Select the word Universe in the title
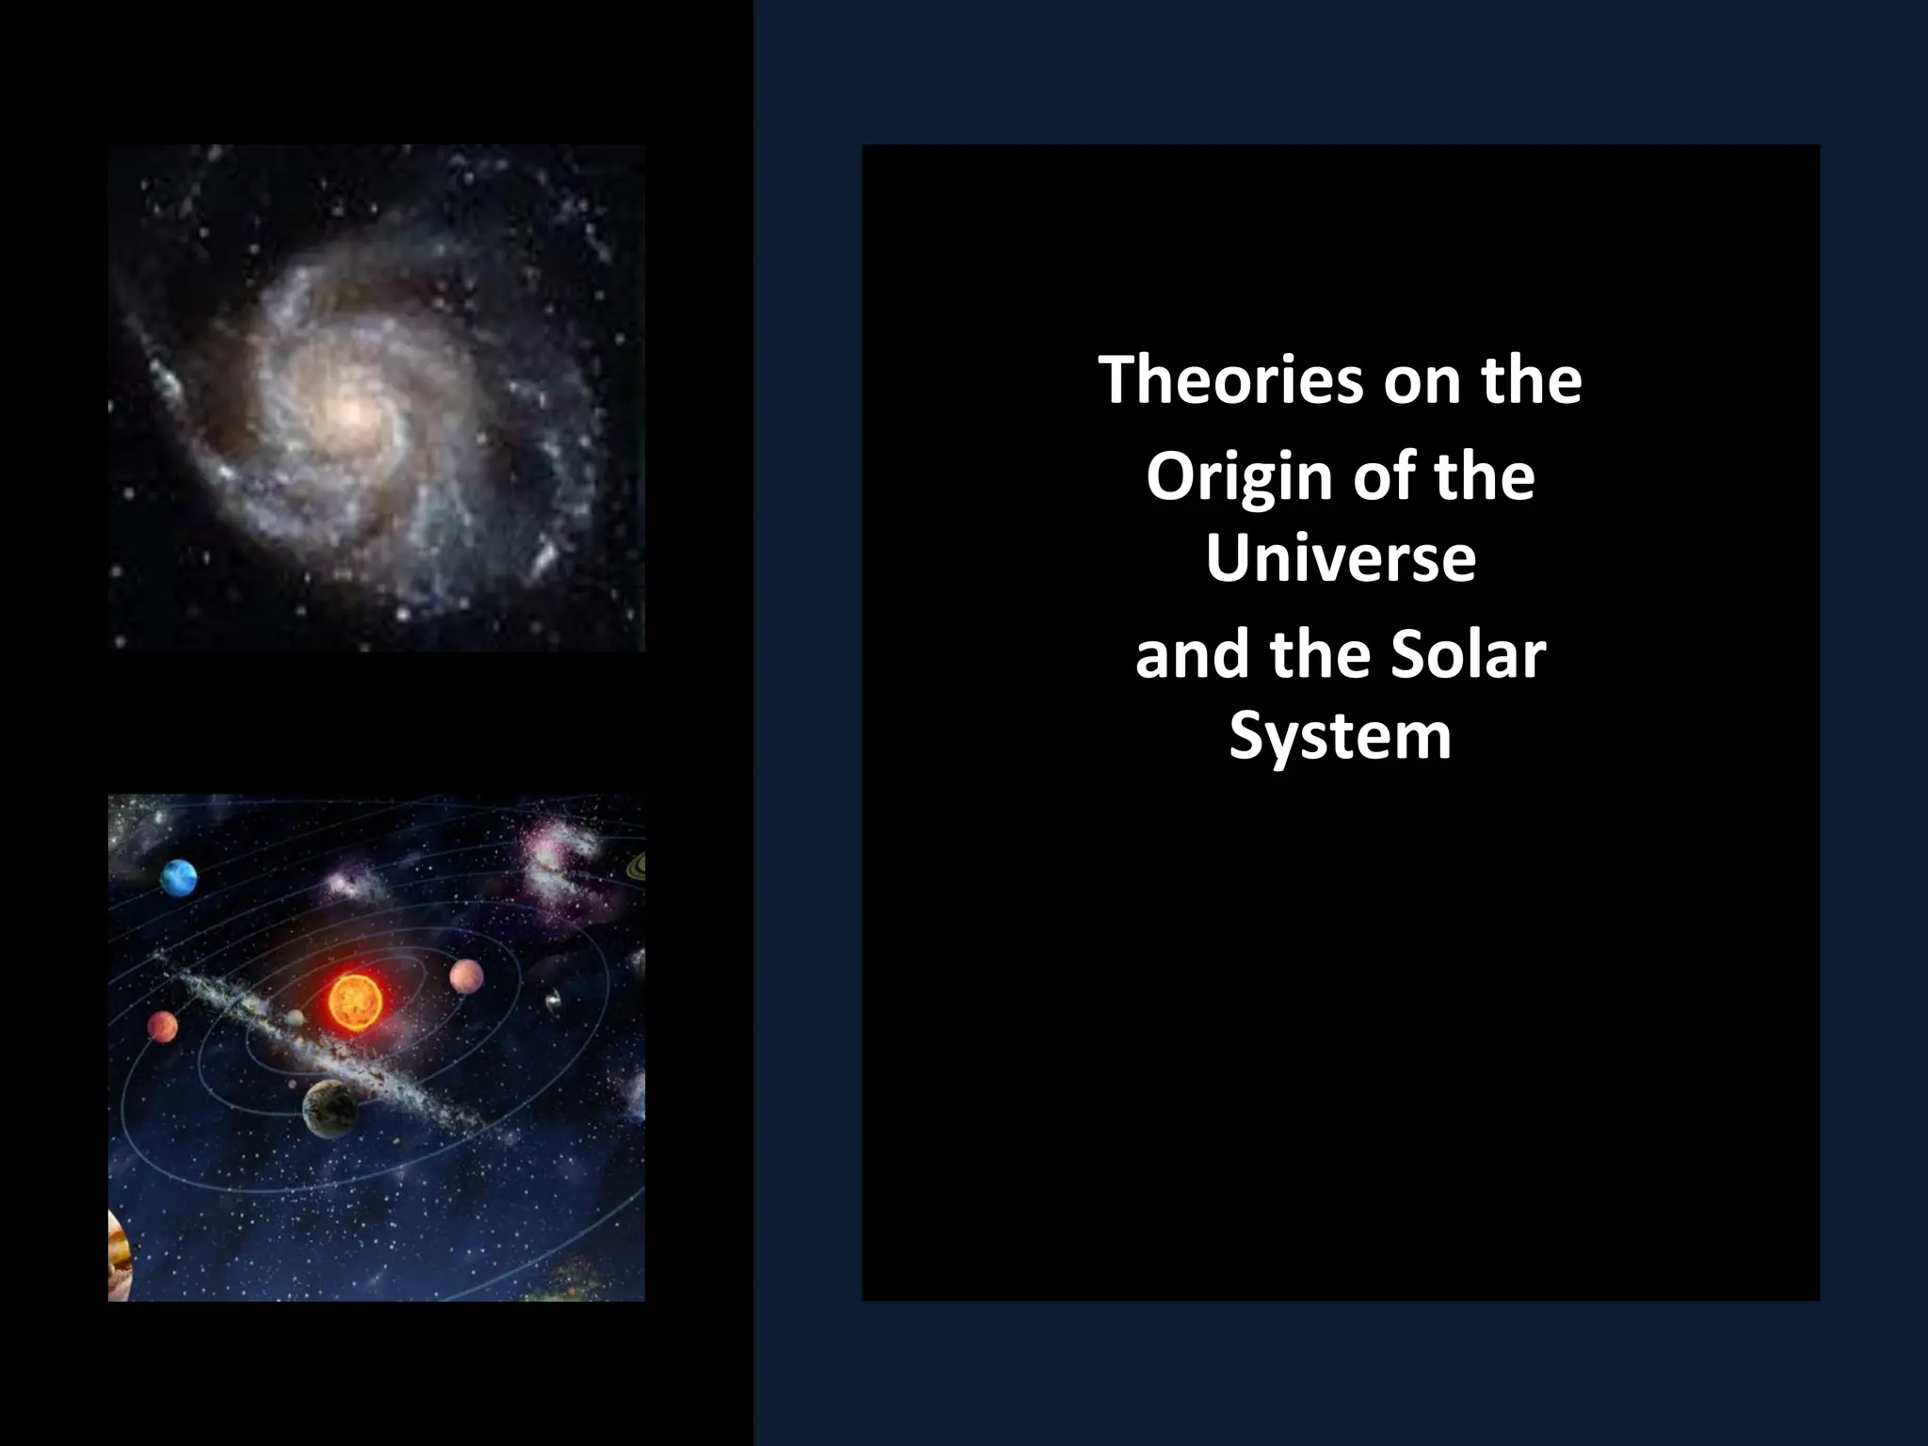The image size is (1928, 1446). [1340, 557]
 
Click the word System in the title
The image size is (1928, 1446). [1340, 736]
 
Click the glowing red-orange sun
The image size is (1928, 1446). [353, 1000]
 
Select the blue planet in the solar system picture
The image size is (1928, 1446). [178, 877]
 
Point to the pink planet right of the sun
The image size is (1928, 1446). [466, 976]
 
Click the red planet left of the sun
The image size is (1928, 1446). [162, 1026]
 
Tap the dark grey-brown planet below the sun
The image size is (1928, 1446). [329, 1108]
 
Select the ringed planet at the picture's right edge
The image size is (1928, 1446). [637, 864]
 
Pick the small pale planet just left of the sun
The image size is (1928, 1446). [296, 1018]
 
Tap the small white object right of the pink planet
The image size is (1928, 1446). [554, 1001]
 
